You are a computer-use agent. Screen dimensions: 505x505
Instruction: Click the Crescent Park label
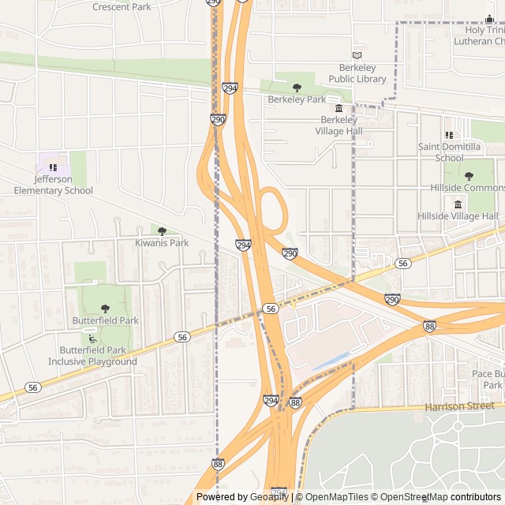tap(122, 7)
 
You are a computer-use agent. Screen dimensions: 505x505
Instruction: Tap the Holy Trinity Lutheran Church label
tap(478, 36)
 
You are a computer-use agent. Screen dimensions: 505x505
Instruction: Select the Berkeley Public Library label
tap(357, 73)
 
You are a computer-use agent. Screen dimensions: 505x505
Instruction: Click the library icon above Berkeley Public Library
tap(357, 55)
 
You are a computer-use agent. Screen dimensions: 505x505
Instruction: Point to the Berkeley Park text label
tap(297, 99)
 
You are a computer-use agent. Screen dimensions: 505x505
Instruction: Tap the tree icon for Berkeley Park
tap(297, 88)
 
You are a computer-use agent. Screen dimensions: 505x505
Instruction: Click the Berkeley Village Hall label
tap(339, 125)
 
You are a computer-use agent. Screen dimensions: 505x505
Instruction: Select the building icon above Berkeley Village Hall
tap(339, 108)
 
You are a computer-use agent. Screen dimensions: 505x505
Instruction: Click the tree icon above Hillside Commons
tap(469, 176)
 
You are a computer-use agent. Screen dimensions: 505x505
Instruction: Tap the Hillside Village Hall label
tap(458, 216)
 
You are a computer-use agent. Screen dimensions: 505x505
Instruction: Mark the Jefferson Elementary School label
tap(53, 185)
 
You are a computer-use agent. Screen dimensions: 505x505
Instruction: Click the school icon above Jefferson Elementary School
tap(53, 167)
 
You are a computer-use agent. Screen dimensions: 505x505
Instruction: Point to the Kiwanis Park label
tap(162, 243)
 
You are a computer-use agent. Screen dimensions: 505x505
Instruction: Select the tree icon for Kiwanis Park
tap(162, 231)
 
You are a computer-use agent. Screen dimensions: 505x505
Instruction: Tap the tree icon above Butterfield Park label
tap(105, 309)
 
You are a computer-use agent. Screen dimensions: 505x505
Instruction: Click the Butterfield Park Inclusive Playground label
tap(92, 356)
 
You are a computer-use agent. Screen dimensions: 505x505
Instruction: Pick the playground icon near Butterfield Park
tap(92, 339)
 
